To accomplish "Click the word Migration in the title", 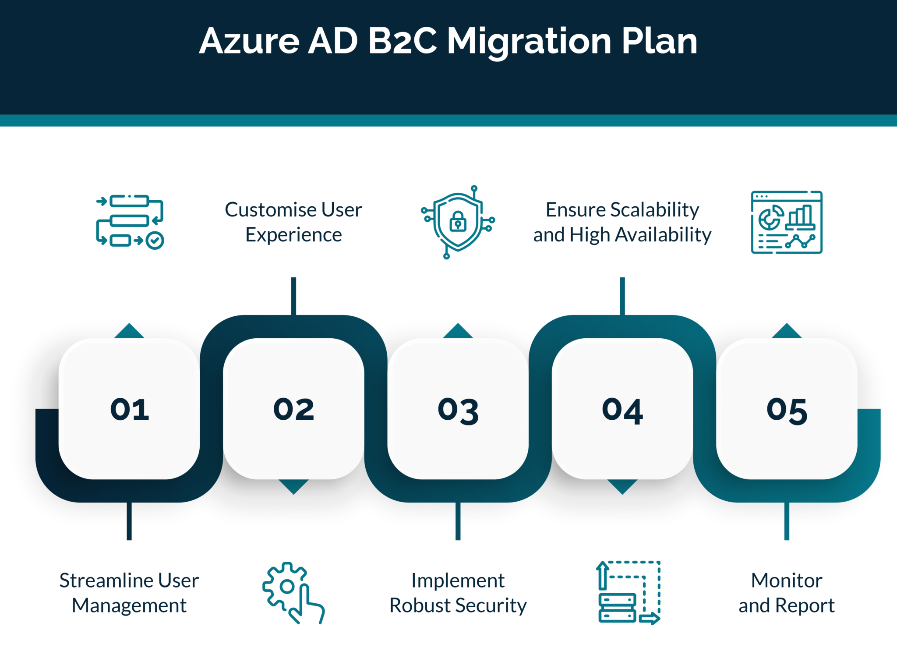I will click(x=529, y=42).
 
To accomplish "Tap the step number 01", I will click(x=130, y=410).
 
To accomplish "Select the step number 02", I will click(x=294, y=410).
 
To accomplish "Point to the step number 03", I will click(x=458, y=411).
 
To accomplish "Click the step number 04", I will click(x=622, y=411).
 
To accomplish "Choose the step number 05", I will click(x=787, y=411).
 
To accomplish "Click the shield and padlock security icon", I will click(x=458, y=222).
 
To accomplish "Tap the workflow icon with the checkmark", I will click(x=130, y=222).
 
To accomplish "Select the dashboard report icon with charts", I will click(x=787, y=222).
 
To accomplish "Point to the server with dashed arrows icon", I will click(x=628, y=592).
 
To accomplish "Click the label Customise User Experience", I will click(x=293, y=222).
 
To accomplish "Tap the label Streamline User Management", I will click(x=129, y=593).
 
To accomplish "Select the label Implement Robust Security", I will click(x=458, y=593).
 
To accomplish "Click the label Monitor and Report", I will click(x=787, y=593).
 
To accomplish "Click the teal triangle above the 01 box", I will click(x=129, y=332).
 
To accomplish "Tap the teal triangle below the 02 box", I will click(x=293, y=486).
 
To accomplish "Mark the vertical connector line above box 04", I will click(x=622, y=296).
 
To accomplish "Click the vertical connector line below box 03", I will click(x=458, y=521).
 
